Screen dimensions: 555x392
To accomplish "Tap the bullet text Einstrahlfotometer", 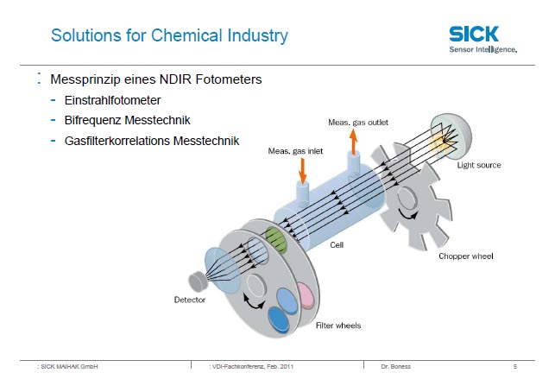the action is click(x=112, y=100).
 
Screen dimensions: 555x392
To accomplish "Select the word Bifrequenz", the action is click(x=92, y=120).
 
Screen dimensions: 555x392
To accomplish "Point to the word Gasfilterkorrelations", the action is click(x=117, y=141).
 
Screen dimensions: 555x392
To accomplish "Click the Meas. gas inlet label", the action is click(x=295, y=151).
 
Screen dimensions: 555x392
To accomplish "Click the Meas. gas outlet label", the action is click(x=358, y=123).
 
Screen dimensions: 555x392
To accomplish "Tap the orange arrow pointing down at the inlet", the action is click(x=303, y=171).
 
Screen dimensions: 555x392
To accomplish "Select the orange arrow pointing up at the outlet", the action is click(x=353, y=142).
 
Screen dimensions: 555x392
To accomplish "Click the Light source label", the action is click(x=479, y=165).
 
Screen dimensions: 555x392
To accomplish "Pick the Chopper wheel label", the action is click(x=466, y=256).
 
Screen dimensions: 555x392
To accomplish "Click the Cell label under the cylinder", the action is click(x=337, y=245).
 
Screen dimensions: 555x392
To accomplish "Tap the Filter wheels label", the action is click(x=338, y=326).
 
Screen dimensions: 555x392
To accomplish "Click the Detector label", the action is click(x=190, y=300).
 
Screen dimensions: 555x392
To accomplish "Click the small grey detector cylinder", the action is click(x=198, y=281).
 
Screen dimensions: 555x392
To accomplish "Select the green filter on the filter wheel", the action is click(x=275, y=240).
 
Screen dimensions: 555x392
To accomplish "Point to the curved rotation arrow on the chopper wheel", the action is click(x=408, y=213).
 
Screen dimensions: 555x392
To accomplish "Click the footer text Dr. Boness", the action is click(x=395, y=366).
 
